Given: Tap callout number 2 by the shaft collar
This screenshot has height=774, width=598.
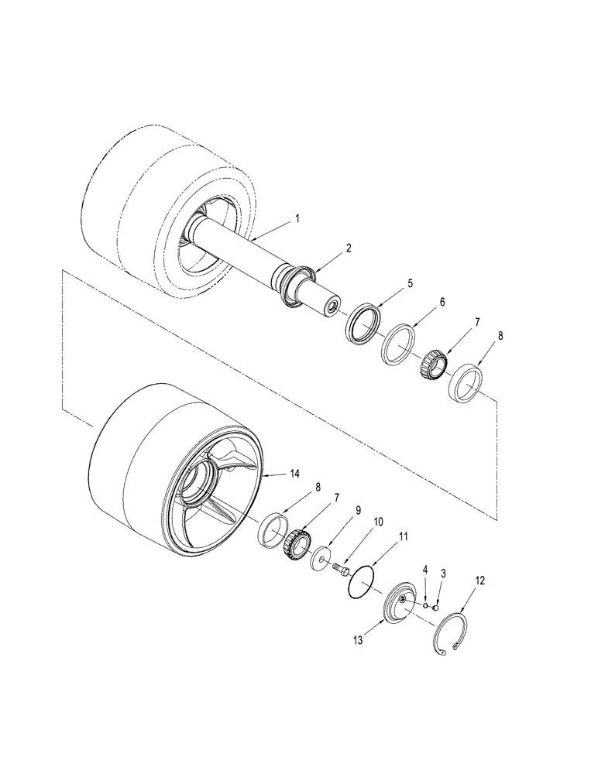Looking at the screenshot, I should coord(349,249).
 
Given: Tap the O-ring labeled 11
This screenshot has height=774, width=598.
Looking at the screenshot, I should coord(362,580).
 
